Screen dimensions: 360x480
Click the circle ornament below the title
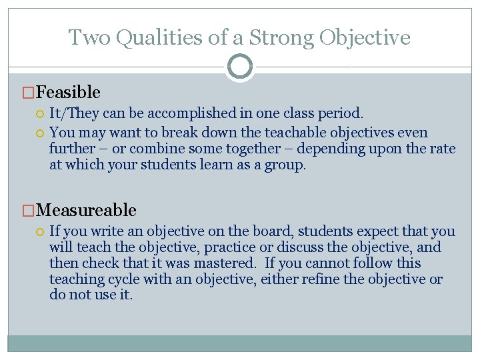[239, 67]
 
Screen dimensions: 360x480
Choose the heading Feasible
[69, 92]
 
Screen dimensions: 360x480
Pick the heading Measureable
[87, 210]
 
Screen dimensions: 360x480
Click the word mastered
[226, 263]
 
